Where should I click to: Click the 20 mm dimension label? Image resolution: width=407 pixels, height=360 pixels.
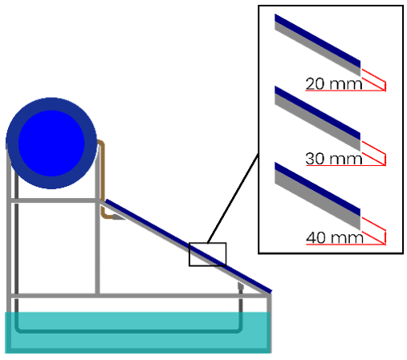tap(334, 84)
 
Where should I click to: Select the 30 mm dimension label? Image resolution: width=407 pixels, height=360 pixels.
tap(334, 159)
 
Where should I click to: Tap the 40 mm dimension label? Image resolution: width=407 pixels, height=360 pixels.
tap(335, 237)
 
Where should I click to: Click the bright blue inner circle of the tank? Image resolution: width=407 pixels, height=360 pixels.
tap(51, 144)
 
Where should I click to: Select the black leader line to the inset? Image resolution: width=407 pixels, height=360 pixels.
tap(233, 198)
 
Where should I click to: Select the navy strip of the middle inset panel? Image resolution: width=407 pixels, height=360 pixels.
tap(318, 113)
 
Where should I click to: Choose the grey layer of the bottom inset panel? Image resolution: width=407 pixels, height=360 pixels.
tap(318, 200)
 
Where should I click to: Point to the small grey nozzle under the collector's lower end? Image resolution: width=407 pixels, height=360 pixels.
tap(241, 286)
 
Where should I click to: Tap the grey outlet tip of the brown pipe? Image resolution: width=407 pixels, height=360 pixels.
tap(119, 217)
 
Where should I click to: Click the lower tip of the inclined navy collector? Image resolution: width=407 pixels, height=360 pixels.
tap(271, 292)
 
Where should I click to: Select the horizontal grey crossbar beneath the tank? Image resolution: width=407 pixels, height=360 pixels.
tap(54, 200)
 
